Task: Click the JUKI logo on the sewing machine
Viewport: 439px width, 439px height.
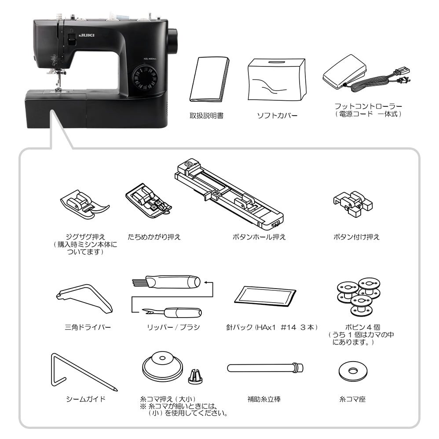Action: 87,35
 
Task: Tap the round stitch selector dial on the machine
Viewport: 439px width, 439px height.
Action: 145,78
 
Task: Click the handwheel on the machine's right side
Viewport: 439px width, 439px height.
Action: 173,42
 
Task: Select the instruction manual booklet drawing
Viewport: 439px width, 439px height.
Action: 209,80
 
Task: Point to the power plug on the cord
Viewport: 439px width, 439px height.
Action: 404,80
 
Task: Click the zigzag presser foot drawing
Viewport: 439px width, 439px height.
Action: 84,204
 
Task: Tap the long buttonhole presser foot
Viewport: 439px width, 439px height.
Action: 229,193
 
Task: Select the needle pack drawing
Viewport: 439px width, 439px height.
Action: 265,297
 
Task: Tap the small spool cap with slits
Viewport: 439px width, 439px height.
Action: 195,377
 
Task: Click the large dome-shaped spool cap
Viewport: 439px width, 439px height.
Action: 162,365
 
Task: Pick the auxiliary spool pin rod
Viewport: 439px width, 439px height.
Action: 265,368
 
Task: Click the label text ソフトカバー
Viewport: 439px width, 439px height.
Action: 277,115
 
